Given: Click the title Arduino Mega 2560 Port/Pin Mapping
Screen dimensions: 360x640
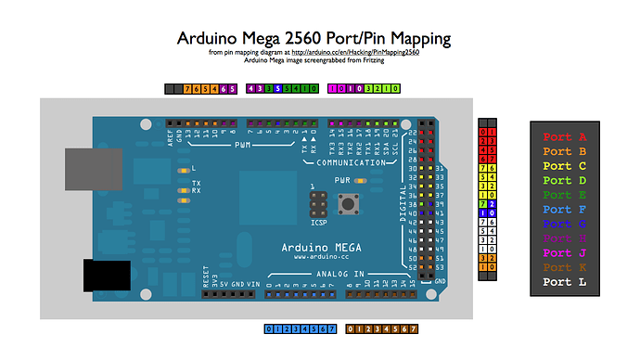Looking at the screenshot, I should [314, 38].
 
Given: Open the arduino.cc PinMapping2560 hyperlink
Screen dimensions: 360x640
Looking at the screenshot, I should [356, 53].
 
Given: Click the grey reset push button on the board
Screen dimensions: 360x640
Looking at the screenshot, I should [352, 203].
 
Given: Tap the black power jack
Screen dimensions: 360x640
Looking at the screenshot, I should [107, 277].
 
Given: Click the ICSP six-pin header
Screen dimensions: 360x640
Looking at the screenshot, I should [317, 203].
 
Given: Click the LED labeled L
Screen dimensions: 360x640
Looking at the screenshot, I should [184, 168].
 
